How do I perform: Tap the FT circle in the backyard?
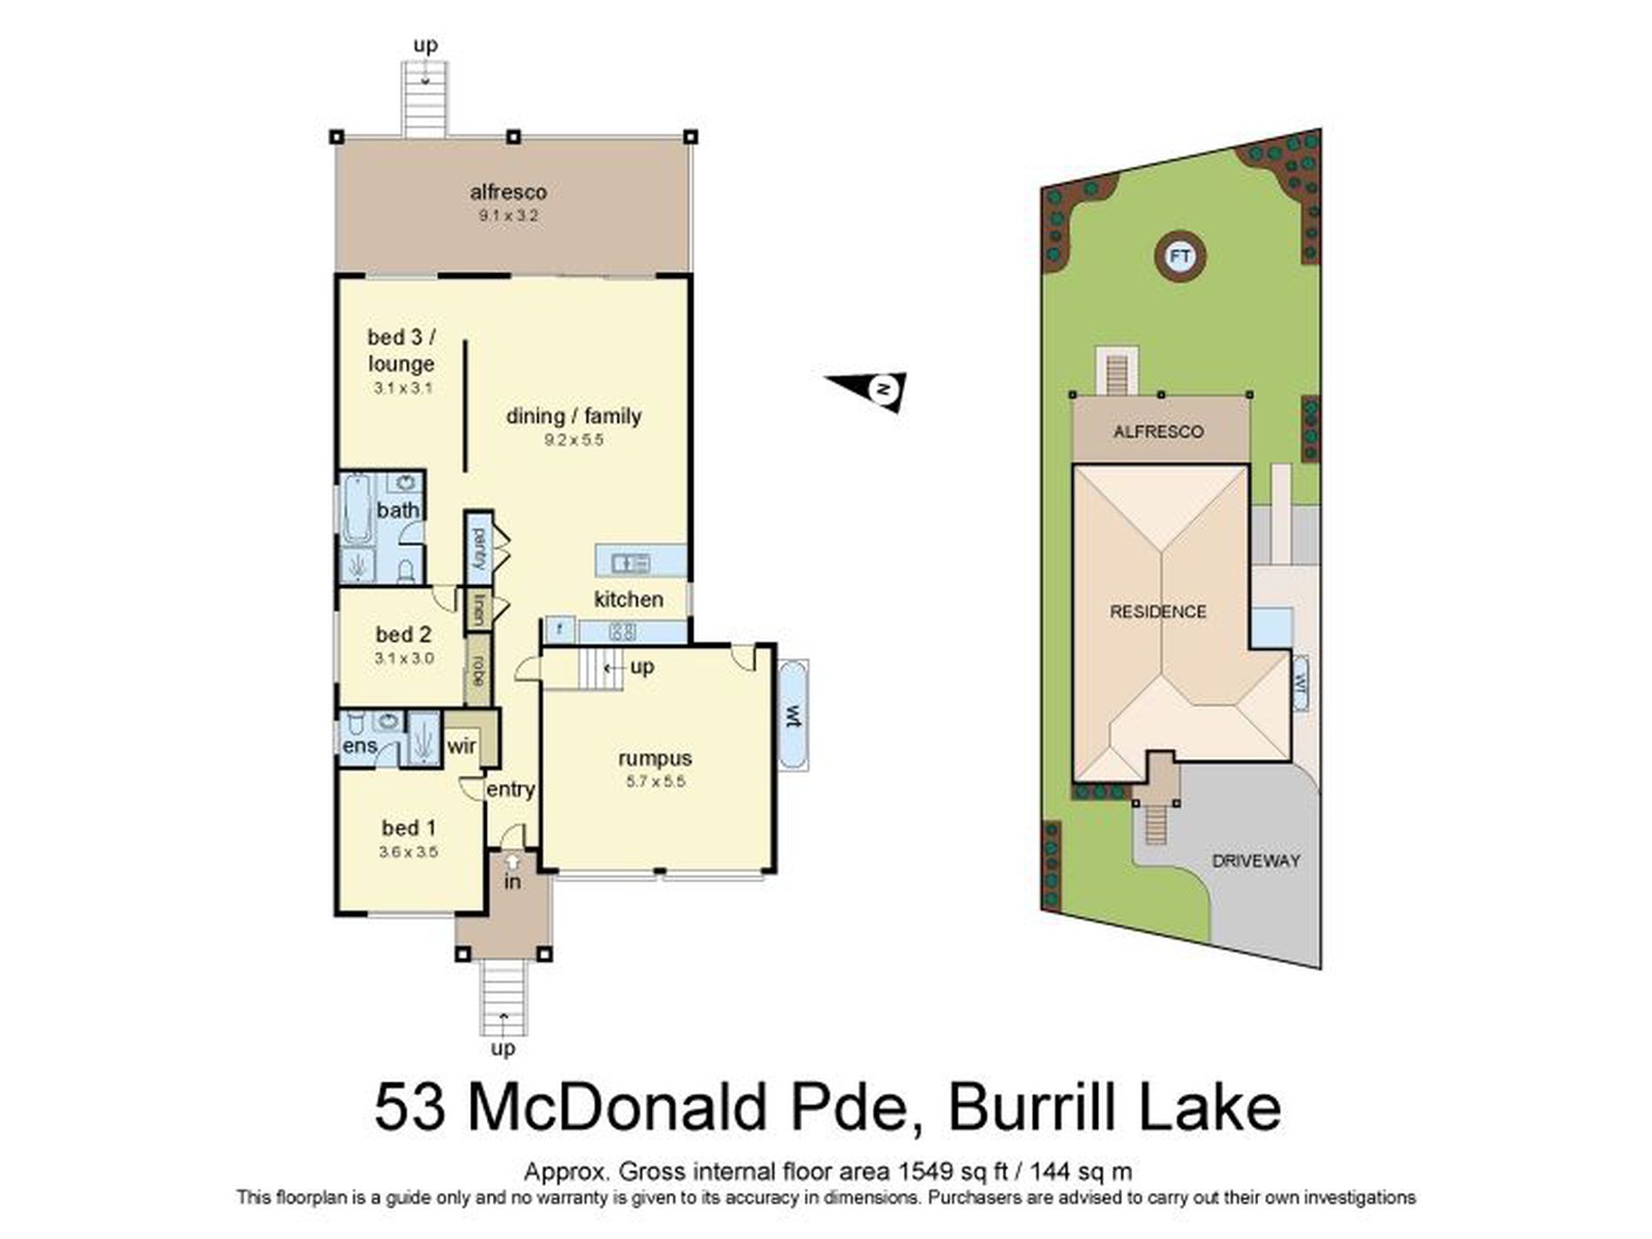point(1179,256)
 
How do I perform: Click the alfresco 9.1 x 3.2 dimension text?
point(509,216)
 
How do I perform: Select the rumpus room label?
point(655,758)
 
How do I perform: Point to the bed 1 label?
point(409,828)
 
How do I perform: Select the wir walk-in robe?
point(463,745)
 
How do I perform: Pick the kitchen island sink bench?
point(641,562)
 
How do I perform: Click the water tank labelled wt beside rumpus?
point(793,716)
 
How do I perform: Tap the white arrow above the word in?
point(513,862)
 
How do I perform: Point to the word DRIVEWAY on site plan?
point(1256,861)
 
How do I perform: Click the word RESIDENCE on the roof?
point(1157,612)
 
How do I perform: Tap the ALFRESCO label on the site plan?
point(1158,432)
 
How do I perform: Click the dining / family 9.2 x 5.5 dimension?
point(573,440)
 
